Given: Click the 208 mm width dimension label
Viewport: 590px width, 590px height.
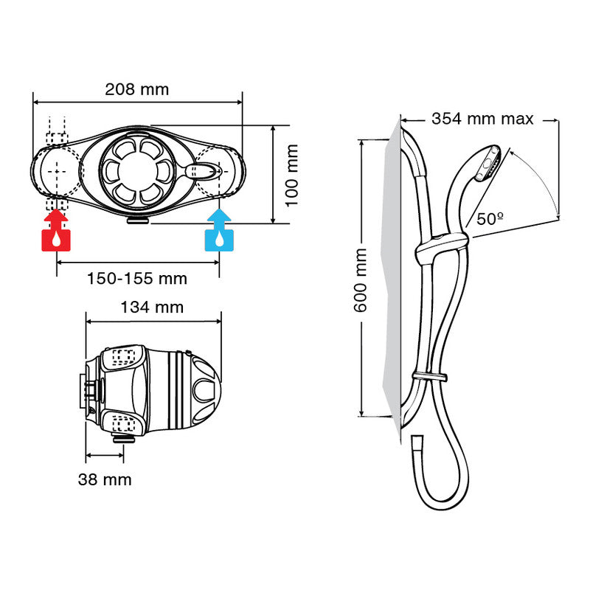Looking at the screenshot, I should pyautogui.click(x=136, y=90).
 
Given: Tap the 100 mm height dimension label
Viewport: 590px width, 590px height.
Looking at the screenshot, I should pyautogui.click(x=291, y=174).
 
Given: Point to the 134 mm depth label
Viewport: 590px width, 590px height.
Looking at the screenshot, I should pyautogui.click(x=153, y=307).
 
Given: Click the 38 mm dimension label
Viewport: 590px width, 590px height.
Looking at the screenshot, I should pyautogui.click(x=105, y=480).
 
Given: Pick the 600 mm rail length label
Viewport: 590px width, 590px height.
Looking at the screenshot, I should pyautogui.click(x=360, y=280).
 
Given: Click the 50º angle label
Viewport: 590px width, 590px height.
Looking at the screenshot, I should pyautogui.click(x=490, y=219).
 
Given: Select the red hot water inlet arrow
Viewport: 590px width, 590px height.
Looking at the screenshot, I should pyautogui.click(x=56, y=220).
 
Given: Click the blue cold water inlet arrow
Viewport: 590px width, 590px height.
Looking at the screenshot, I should pyautogui.click(x=219, y=220).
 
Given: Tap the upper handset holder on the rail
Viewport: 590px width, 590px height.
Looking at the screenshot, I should pyautogui.click(x=441, y=246).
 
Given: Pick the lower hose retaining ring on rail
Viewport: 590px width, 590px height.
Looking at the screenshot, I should pyautogui.click(x=430, y=378).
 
